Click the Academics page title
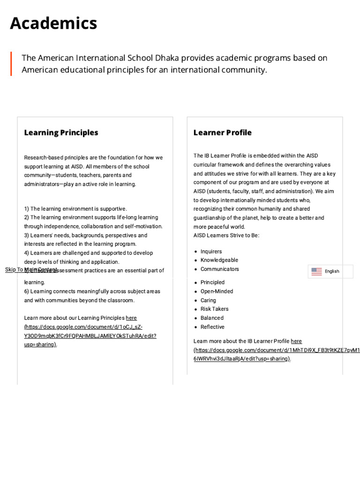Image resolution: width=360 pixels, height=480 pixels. (x=53, y=23)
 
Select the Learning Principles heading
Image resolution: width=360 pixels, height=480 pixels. (x=61, y=133)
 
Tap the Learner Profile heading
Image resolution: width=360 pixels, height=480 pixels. (x=222, y=133)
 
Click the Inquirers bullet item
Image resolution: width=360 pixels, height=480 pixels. (x=211, y=251)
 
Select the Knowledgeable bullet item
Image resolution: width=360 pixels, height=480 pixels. (x=219, y=260)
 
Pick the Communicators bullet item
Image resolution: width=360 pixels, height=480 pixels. (x=219, y=269)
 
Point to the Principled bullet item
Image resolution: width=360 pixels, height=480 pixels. (x=212, y=282)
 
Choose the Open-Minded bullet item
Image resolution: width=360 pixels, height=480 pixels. (x=217, y=291)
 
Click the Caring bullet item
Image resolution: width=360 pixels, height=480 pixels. (x=208, y=300)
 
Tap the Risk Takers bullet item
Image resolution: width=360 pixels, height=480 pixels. (x=214, y=309)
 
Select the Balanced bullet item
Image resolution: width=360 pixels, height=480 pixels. (x=212, y=318)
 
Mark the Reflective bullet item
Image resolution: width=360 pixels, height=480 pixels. (x=212, y=327)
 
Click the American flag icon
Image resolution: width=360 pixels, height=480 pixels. (x=316, y=271)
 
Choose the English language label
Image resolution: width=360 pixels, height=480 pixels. (x=332, y=271)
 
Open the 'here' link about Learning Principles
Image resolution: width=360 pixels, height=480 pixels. (x=131, y=318)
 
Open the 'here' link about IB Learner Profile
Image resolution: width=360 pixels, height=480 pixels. (x=296, y=341)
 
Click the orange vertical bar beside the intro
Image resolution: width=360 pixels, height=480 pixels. (x=11, y=64)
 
